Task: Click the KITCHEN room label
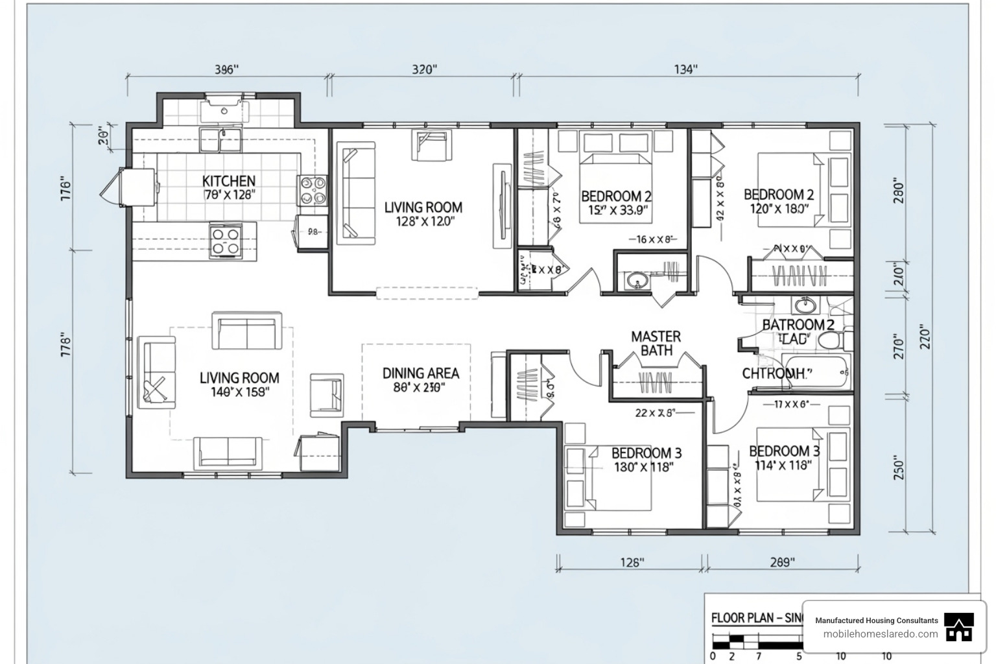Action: (x=228, y=181)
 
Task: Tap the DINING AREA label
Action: (x=420, y=373)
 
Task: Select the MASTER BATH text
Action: (x=656, y=343)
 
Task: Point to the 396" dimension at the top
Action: (x=226, y=69)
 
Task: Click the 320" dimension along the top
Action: (x=424, y=69)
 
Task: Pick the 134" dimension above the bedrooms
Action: (x=685, y=69)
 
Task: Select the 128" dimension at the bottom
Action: (x=631, y=562)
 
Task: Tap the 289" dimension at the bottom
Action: (x=781, y=562)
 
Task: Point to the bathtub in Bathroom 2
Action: (x=816, y=373)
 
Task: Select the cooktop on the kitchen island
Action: (x=226, y=241)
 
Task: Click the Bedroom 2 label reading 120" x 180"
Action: (x=778, y=201)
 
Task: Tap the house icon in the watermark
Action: (x=958, y=628)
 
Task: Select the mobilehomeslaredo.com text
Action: (x=880, y=634)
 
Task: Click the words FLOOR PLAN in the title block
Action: (x=742, y=618)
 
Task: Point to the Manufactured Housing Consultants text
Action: (x=876, y=621)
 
